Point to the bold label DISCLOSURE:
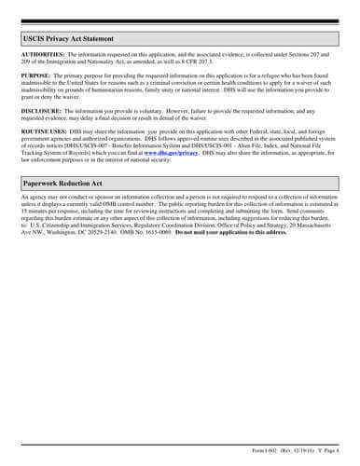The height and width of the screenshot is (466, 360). (x=41, y=109)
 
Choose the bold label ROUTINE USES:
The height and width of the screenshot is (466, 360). (x=43, y=132)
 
